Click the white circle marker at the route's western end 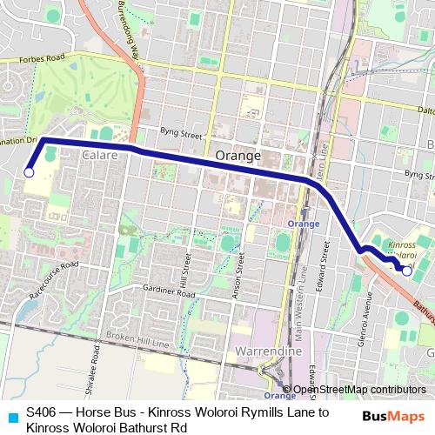(29, 173)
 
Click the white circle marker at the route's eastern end (406, 271)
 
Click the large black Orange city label (238, 155)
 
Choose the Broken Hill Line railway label (130, 337)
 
